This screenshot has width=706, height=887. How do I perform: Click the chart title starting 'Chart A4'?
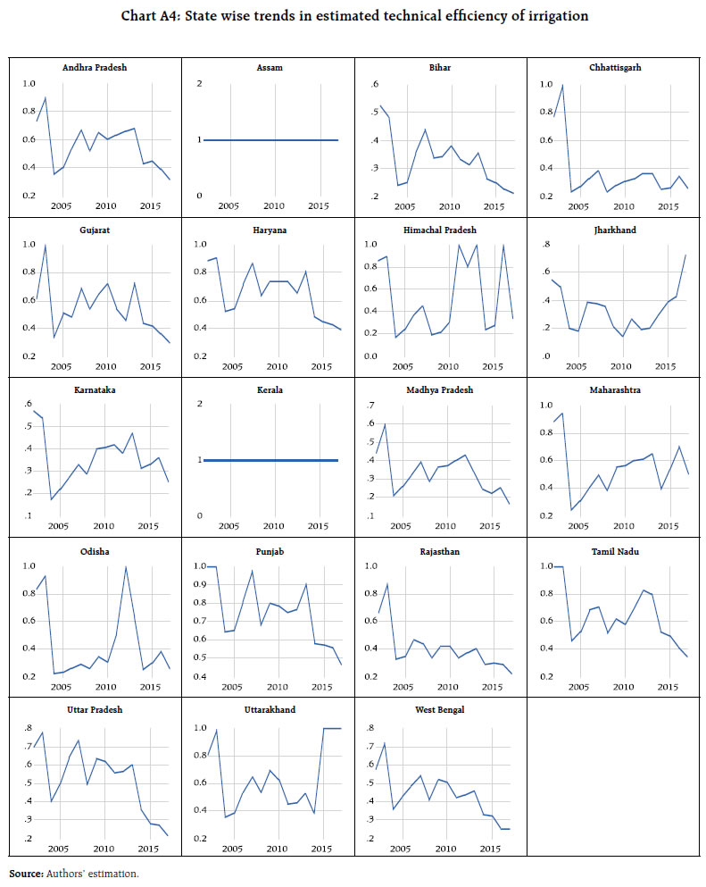(353, 15)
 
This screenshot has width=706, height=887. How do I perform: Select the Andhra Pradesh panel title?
(93, 67)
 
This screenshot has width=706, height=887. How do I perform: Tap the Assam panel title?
(266, 67)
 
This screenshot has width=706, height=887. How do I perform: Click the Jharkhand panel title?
(612, 229)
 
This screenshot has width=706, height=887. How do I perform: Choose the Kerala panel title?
(266, 389)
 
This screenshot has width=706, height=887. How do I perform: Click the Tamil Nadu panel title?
(612, 550)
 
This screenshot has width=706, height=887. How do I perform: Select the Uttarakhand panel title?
(266, 710)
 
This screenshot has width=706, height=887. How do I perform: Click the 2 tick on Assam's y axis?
(199, 83)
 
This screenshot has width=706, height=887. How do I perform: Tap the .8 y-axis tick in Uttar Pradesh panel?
(29, 727)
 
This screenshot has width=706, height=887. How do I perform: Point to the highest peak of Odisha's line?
(126, 567)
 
